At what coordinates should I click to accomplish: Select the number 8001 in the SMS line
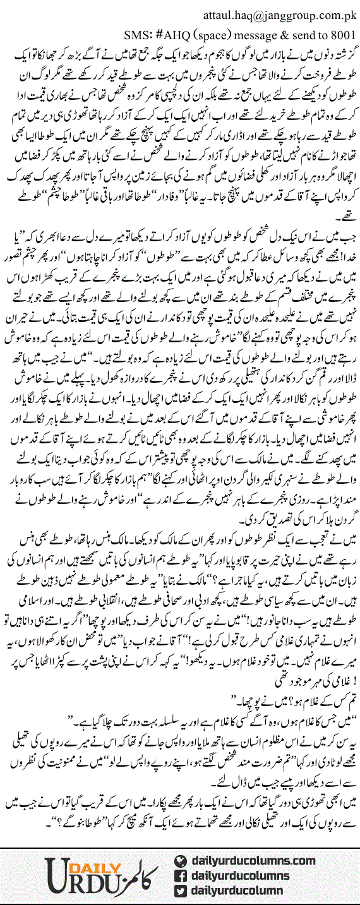click(x=345, y=33)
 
